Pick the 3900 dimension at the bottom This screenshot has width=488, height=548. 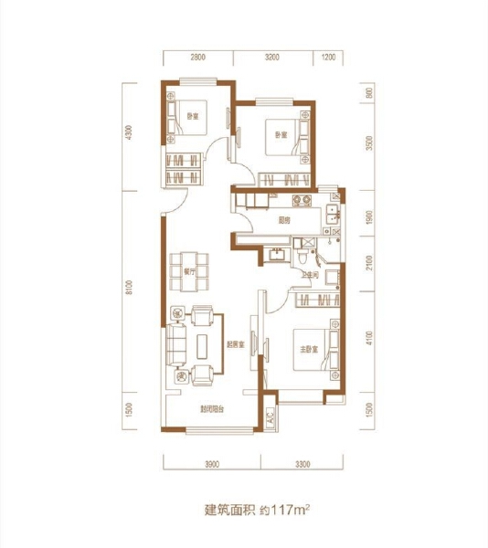(211, 464)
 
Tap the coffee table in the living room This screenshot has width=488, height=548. (202, 344)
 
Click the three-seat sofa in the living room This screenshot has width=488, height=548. (175, 345)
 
